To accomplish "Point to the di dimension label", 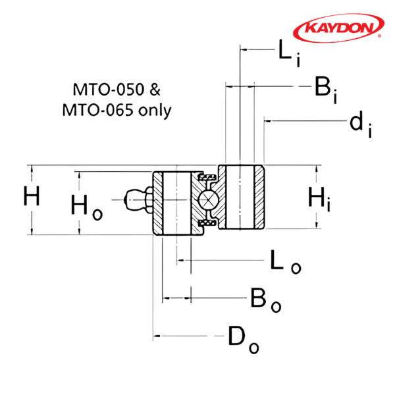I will pos(359,125).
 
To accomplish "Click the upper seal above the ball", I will pos(207,178).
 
